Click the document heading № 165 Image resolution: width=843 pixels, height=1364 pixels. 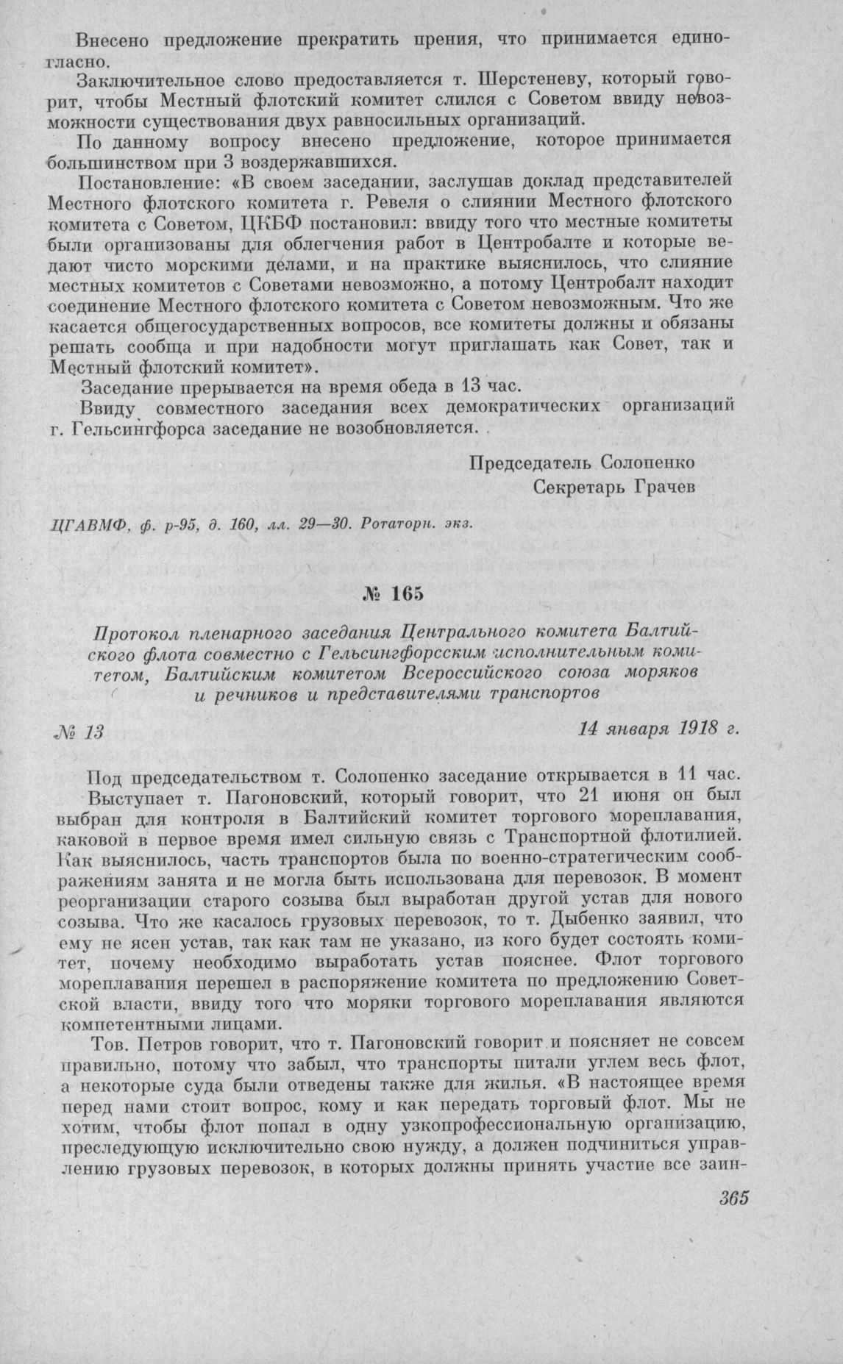click(396, 595)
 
